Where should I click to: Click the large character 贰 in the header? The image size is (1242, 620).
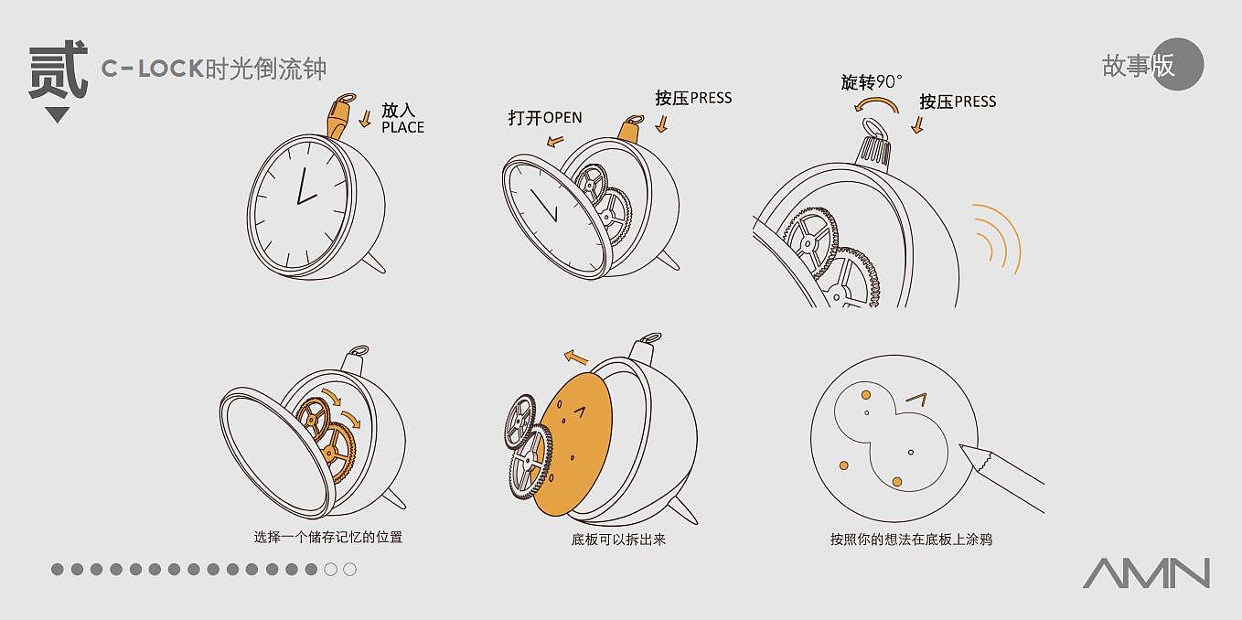pos(58,70)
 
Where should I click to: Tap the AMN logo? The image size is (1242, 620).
pos(1146,572)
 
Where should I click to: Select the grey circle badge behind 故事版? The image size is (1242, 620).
pos(1178,65)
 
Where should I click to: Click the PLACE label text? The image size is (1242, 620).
pos(402,128)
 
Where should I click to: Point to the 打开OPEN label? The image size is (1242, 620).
pos(545,118)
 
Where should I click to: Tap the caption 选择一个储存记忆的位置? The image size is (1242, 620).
pos(327,537)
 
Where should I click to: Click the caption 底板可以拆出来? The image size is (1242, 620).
pos(618,539)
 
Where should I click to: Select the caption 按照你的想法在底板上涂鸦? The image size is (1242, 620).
pos(911,539)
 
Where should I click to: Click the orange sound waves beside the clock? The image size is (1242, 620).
pos(997,238)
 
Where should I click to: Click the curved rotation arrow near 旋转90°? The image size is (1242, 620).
pos(866,108)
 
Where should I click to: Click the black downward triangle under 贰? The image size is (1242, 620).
pos(58,115)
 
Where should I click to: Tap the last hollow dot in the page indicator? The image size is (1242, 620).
pos(349,570)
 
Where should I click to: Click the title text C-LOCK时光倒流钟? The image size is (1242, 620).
pos(214,69)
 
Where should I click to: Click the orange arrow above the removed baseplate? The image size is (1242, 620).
pos(575,357)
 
